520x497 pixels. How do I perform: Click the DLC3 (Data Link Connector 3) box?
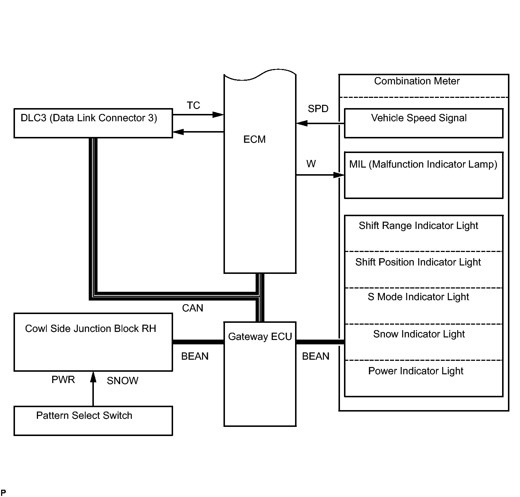point(93,123)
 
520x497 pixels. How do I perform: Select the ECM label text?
point(255,139)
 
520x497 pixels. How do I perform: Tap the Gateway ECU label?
point(260,337)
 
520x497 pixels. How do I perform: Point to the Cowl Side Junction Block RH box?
point(93,342)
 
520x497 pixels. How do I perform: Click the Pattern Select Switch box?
point(93,421)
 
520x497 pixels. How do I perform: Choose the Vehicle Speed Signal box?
point(424,123)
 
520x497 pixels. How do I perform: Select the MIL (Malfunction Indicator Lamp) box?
point(424,175)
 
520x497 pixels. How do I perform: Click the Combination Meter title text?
point(417,81)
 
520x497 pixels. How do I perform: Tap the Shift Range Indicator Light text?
point(418,226)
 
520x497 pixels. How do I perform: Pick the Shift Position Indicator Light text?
point(418,262)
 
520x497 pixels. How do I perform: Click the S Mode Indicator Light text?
point(418,297)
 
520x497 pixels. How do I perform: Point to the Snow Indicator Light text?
point(419,334)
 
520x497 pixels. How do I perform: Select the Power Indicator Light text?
point(416,371)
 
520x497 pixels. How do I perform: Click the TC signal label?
point(194,106)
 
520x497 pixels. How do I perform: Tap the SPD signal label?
point(318,109)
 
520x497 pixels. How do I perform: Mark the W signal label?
point(311,164)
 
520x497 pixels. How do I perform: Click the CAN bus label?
point(192,308)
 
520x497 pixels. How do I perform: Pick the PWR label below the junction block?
point(63,380)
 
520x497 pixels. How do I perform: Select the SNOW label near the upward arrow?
point(123,381)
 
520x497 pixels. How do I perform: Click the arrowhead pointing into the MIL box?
point(339,175)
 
